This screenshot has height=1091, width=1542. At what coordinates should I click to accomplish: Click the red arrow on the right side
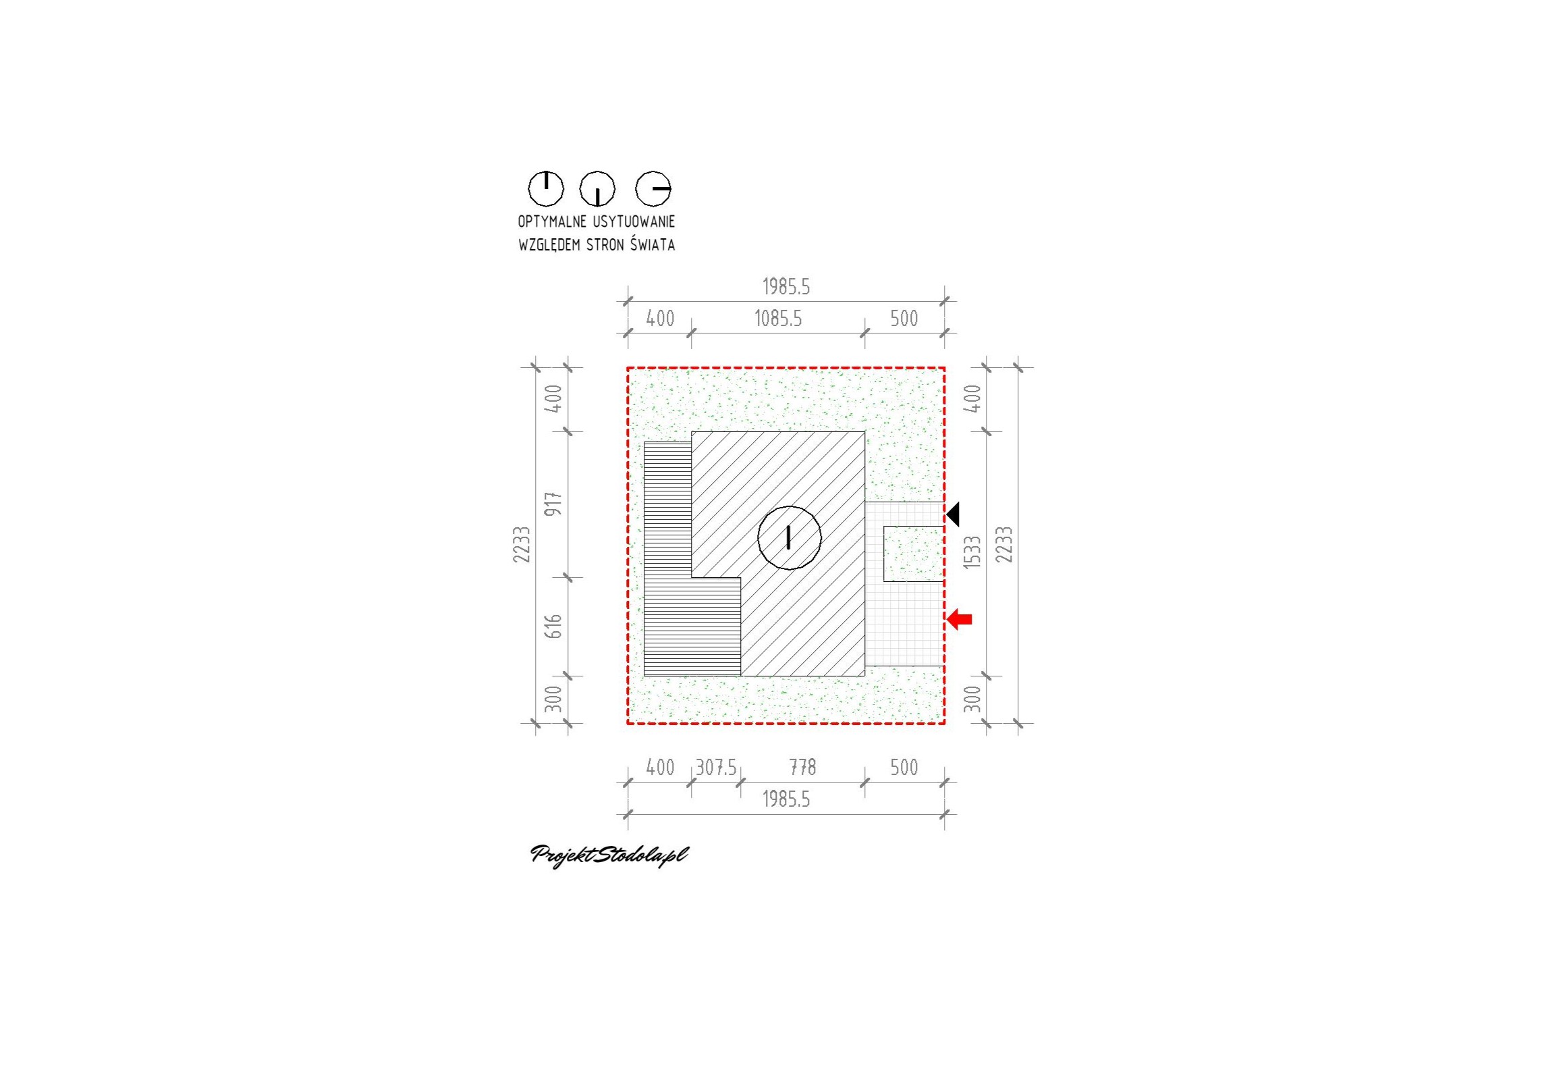point(960,618)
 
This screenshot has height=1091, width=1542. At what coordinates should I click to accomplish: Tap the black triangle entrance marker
point(952,514)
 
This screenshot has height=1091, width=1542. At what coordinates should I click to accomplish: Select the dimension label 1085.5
point(778,319)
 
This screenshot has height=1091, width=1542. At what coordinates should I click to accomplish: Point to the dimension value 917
point(553,504)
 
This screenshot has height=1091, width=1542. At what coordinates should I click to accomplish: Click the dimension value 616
point(553,627)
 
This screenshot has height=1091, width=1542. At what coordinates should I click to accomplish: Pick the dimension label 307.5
point(716,768)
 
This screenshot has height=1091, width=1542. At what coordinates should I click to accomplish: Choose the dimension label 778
point(802,768)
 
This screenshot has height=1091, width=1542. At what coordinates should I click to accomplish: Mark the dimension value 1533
point(972,552)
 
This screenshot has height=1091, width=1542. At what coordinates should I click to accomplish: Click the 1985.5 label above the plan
point(786,287)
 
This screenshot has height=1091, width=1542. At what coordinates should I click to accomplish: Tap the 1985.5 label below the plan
point(786,799)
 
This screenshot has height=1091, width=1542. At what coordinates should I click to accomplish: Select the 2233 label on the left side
point(522,544)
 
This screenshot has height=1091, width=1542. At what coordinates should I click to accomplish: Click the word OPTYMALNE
point(552,221)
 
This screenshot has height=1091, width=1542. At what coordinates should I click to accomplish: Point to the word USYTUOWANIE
point(634,221)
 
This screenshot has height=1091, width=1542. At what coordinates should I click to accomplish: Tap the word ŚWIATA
point(653,244)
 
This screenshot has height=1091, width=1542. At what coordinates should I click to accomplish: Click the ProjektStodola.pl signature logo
point(609,855)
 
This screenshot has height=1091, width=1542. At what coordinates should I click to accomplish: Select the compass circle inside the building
point(789,538)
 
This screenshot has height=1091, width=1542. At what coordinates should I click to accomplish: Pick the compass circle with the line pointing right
point(653,188)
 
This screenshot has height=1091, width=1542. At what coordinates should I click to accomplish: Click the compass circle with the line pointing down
point(597,188)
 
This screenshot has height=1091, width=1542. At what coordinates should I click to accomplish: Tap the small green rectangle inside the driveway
point(914,554)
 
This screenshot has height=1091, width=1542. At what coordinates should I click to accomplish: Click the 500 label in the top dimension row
point(904,319)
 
